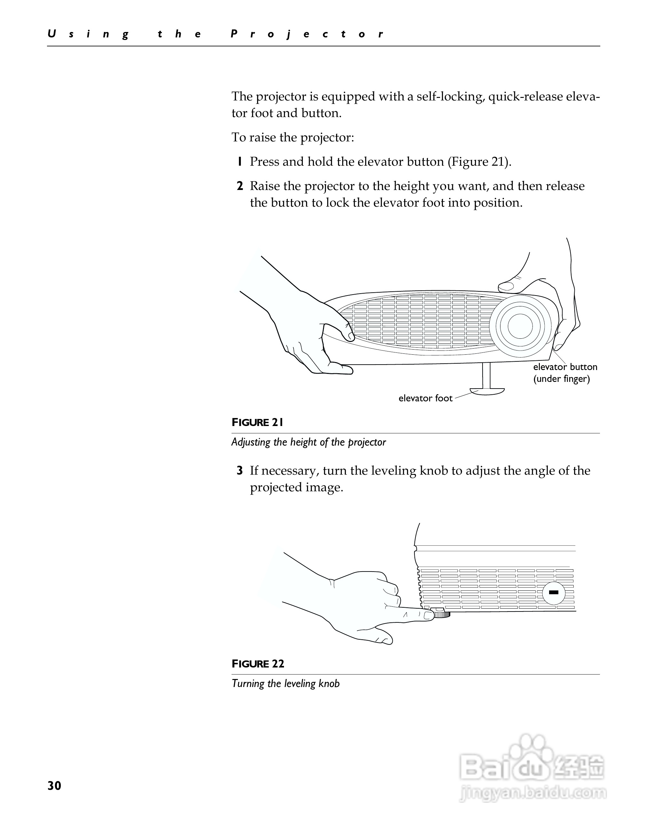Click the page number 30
pos(54,786)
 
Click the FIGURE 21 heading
pos(257,422)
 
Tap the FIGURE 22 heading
pos(258,664)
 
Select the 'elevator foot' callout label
pos(425,398)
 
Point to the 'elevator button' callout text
pos(565,367)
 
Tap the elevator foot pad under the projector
pos(487,391)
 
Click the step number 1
pos(240,162)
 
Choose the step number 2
pos(240,186)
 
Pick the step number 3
pos(240,471)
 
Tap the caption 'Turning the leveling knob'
pos(286,683)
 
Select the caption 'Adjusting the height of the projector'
pos(308,442)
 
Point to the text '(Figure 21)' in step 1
pos(479,162)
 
